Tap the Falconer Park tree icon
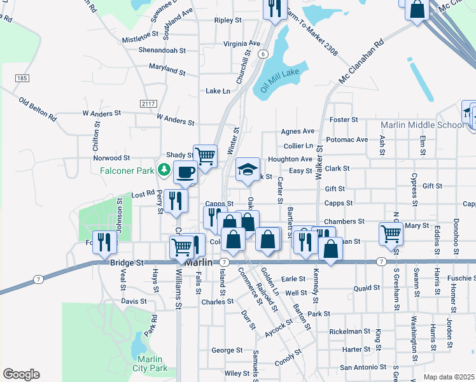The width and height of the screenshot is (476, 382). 165,169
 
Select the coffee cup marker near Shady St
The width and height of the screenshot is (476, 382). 185,171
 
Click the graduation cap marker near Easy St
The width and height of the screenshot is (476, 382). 248,169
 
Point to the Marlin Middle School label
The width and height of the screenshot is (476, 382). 423,125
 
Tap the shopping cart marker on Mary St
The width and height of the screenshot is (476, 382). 390,232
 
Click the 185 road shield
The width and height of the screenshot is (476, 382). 22,78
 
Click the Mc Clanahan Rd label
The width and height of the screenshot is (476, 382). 361,57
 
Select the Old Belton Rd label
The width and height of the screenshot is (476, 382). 38,110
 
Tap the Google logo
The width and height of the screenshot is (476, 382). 21,374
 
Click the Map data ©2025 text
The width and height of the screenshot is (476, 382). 449,377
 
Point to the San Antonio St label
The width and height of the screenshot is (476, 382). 363,367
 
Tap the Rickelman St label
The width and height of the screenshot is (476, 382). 349,332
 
